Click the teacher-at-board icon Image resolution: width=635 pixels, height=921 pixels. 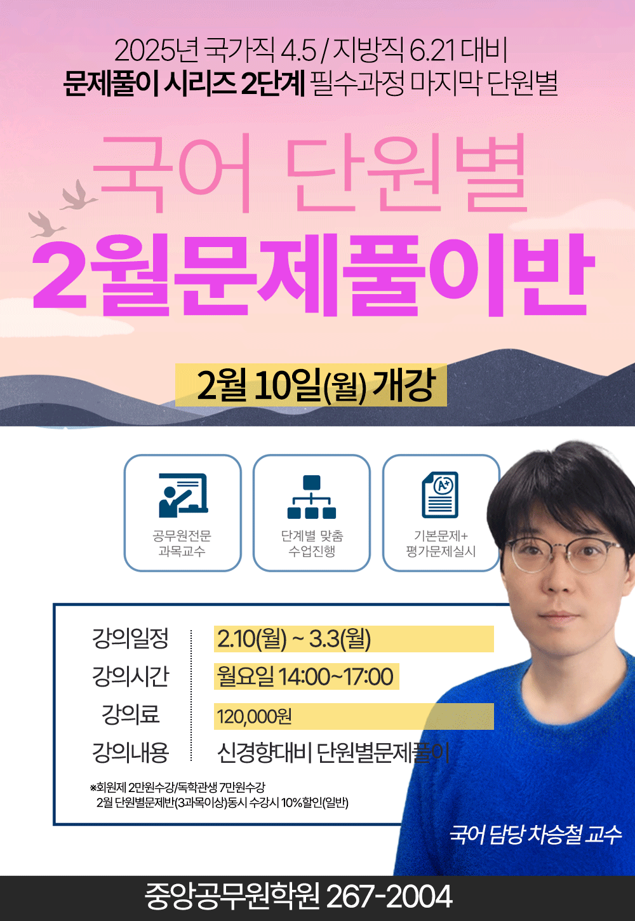tap(184, 495)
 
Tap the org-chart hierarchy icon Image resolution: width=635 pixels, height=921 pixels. tap(312, 497)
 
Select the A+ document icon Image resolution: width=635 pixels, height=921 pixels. tap(440, 495)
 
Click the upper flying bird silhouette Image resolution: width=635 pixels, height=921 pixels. tap(78, 195)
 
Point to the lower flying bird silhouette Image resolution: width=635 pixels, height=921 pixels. tap(46, 224)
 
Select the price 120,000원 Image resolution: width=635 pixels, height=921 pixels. tap(255, 716)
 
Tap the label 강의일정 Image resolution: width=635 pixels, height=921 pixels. tap(130, 638)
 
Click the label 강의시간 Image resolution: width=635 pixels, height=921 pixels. tap(130, 676)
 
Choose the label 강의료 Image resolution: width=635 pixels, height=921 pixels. tap(130, 714)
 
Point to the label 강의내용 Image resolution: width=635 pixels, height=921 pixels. tap(130, 753)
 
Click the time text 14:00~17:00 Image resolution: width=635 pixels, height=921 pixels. tap(335, 676)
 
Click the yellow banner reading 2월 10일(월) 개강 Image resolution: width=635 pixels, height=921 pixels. tap(311, 385)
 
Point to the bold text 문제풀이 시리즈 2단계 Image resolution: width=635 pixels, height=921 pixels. tap(184, 83)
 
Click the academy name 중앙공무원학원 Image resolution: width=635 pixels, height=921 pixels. tap(232, 897)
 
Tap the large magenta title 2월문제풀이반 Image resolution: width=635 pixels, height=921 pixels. tap(314, 274)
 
